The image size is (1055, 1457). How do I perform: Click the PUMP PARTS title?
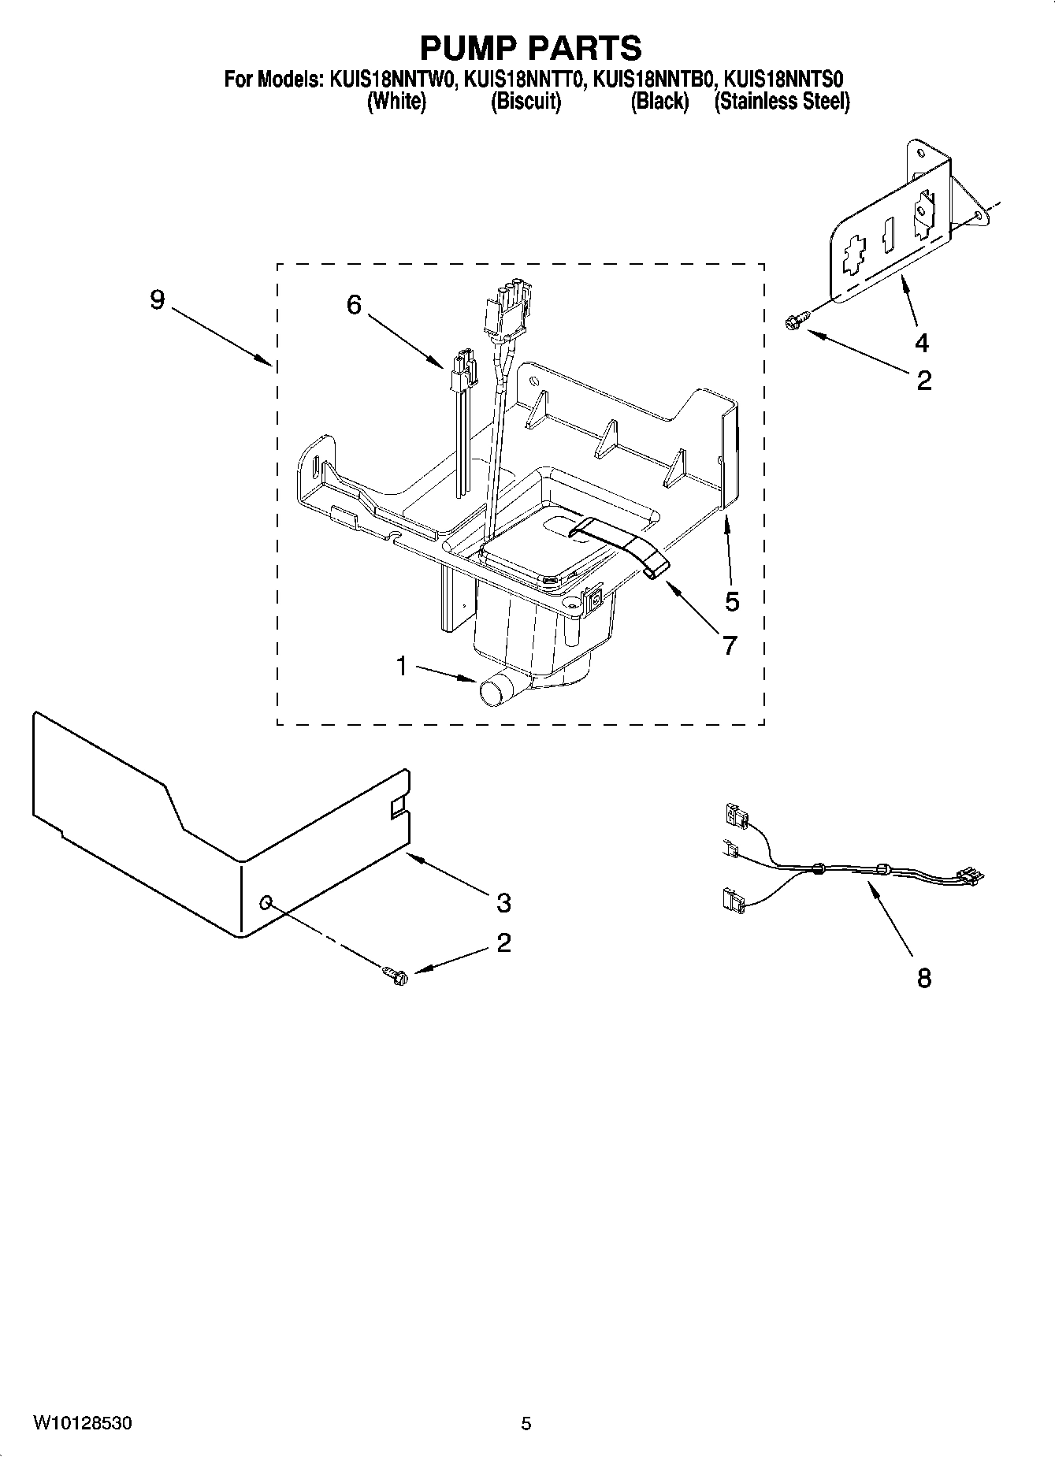pyautogui.click(x=530, y=48)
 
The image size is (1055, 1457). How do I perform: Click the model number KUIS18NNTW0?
pyautogui.click(x=390, y=80)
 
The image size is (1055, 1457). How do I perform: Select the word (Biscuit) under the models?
pyautogui.click(x=526, y=102)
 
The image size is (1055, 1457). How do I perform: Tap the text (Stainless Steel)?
pyautogui.click(x=782, y=102)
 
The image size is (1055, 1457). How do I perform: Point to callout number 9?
pyautogui.click(x=158, y=300)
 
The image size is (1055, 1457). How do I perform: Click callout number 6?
pyautogui.click(x=354, y=304)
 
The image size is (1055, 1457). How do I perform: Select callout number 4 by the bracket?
pyautogui.click(x=921, y=343)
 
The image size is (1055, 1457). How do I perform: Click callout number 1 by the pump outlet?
pyautogui.click(x=402, y=667)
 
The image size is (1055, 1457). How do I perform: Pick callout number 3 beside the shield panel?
pyautogui.click(x=503, y=902)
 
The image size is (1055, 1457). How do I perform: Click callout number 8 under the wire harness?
pyautogui.click(x=924, y=978)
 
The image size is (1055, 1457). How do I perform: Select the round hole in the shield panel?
pyautogui.click(x=266, y=901)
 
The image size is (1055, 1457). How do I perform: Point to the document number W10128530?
pyautogui.click(x=83, y=1423)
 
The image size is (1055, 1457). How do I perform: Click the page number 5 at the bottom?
pyautogui.click(x=526, y=1423)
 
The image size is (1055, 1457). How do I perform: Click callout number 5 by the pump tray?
pyautogui.click(x=732, y=601)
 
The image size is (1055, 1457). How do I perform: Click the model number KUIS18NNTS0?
pyautogui.click(x=784, y=80)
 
